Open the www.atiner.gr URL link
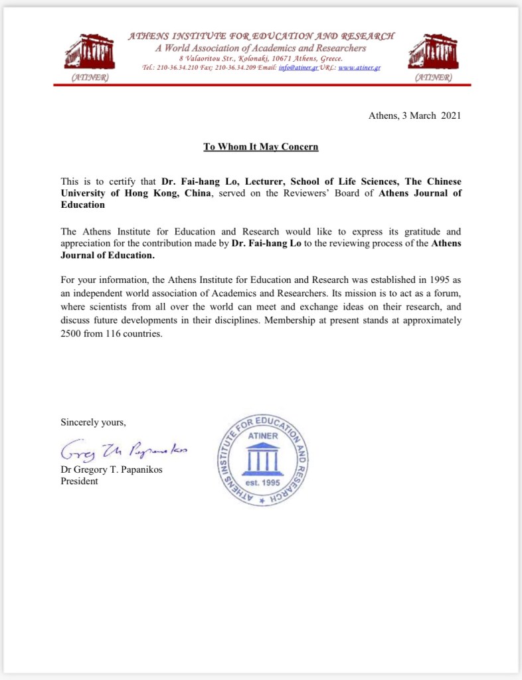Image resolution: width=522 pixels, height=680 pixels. pyautogui.click(x=359, y=68)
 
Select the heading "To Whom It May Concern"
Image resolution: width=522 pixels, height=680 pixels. pyautogui.click(x=261, y=147)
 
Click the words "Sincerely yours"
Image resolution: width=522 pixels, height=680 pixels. pyautogui.click(x=93, y=422)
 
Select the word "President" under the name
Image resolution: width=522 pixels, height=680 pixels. pyautogui.click(x=79, y=481)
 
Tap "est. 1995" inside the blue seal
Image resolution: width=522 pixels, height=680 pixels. pyautogui.click(x=263, y=483)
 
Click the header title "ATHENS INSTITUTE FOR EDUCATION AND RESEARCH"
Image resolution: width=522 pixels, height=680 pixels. pyautogui.click(x=261, y=36)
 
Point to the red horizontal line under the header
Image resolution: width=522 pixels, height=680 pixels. pyautogui.click(x=261, y=85)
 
